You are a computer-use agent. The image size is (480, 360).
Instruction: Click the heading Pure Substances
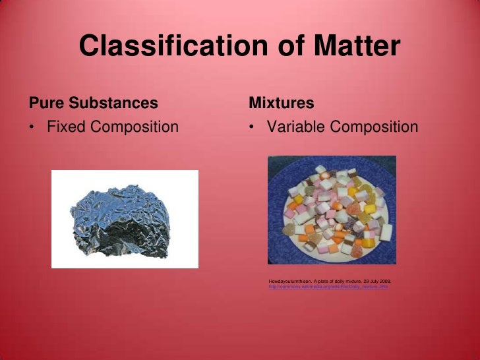click(93, 104)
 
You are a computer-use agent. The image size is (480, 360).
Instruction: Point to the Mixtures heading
click(281, 104)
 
